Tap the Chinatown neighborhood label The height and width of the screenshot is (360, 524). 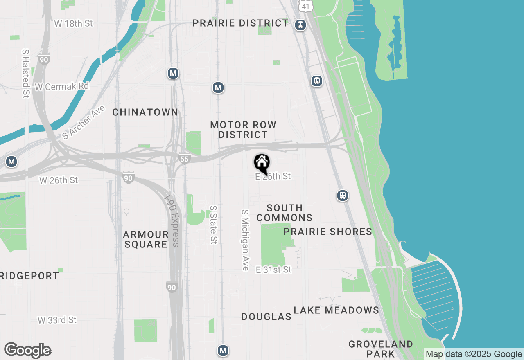[x=145, y=112]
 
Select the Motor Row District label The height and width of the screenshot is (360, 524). [x=243, y=130]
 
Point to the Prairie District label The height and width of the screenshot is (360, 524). [x=241, y=23]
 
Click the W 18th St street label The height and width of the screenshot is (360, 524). [x=74, y=23]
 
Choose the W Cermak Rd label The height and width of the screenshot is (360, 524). [x=62, y=87]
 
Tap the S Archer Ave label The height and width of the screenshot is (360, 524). [x=84, y=122]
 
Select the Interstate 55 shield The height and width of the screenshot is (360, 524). [x=185, y=159]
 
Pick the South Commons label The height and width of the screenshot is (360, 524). [x=285, y=213]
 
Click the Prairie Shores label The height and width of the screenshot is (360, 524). [x=328, y=232]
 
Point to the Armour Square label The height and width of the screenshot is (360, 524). [x=146, y=239]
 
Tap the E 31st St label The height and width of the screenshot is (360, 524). [x=273, y=270]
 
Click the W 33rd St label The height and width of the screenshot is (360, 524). [x=57, y=320]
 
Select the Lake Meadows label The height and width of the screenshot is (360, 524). [x=337, y=310]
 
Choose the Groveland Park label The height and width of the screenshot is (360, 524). [x=381, y=349]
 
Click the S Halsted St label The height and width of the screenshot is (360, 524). [x=26, y=74]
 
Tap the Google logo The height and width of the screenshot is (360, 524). [x=28, y=351]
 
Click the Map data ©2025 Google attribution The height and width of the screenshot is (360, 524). [x=474, y=354]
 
